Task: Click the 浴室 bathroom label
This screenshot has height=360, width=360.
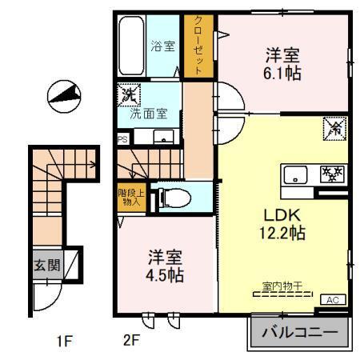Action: pos(163,46)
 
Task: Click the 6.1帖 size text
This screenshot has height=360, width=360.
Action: pos(283,72)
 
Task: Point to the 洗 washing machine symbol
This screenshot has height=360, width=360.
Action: pos(127,94)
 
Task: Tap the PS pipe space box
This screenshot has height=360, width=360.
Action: pos(122,138)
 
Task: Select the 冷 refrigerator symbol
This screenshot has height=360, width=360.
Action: pos(334,127)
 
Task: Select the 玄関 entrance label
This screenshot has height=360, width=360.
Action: pos(47,265)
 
